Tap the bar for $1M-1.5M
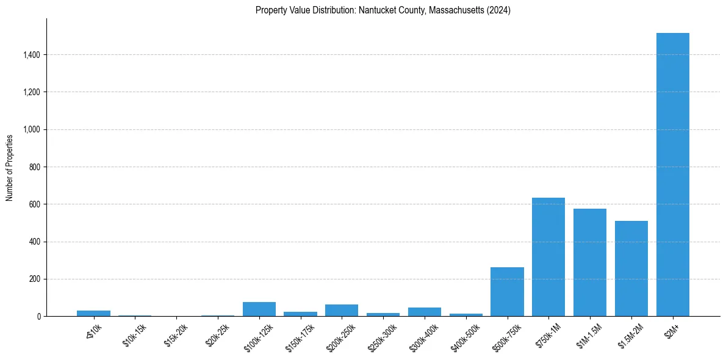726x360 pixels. (590, 262)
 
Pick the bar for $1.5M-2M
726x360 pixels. (631, 268)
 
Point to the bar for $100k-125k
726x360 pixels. (259, 309)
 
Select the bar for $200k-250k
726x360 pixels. (342, 311)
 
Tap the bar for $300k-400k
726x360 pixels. (425, 312)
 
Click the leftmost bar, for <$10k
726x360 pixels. (93, 314)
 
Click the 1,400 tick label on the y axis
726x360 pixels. (31, 55)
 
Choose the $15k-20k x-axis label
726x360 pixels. (176, 334)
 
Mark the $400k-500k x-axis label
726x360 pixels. (465, 335)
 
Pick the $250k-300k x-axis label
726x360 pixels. (383, 335)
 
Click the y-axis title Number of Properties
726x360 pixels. (10, 167)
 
